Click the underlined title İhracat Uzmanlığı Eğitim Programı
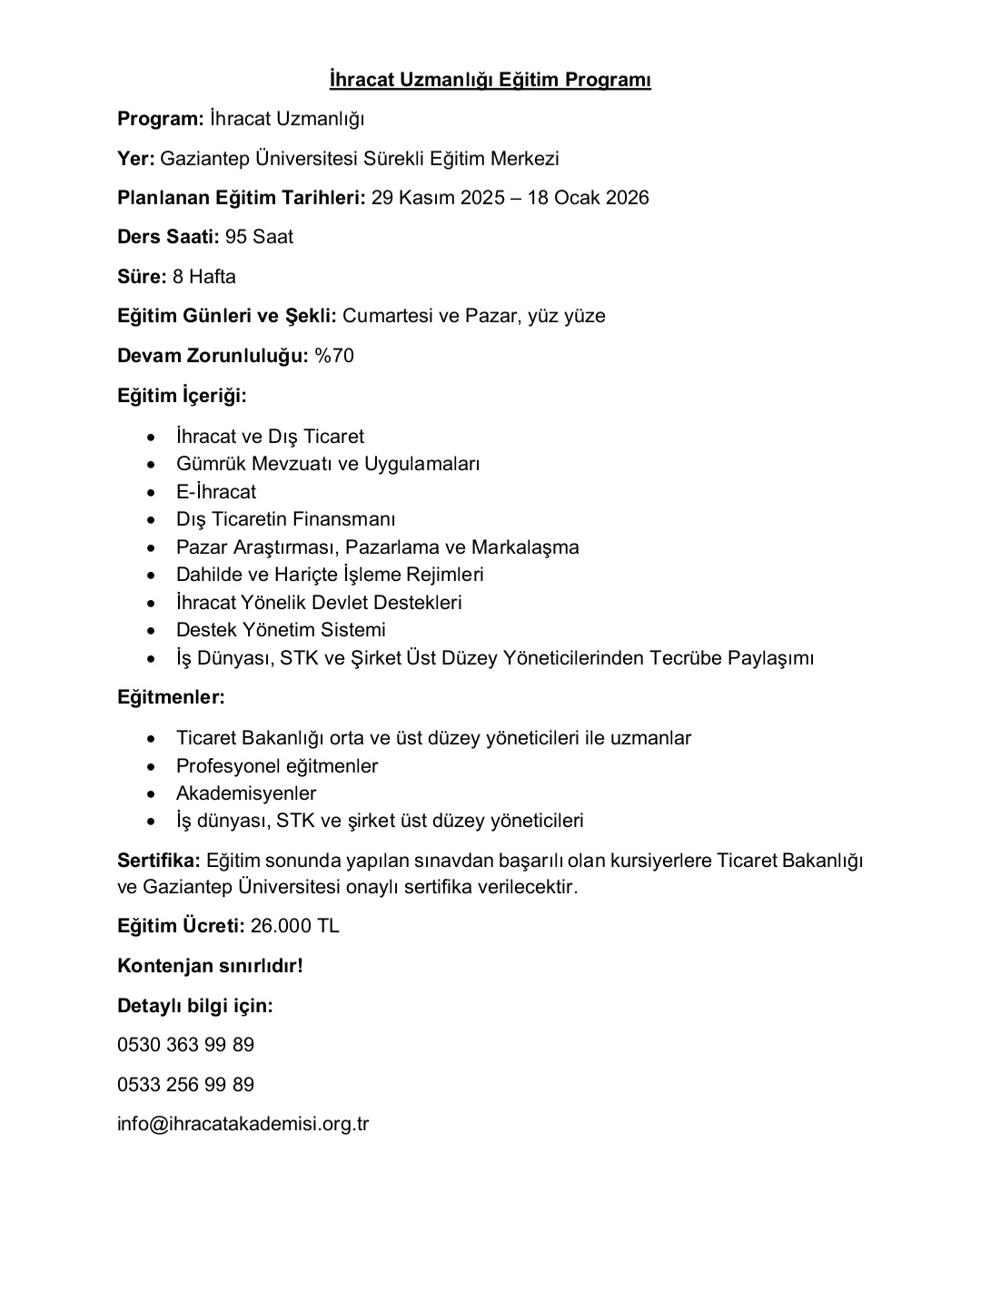click(x=490, y=80)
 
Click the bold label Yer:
click(x=136, y=159)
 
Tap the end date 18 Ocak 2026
click(x=588, y=198)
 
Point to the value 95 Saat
click(x=259, y=237)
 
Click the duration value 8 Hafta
click(x=203, y=277)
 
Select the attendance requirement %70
click(x=334, y=356)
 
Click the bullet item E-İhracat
click(x=216, y=492)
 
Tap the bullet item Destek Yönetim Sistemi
click(x=281, y=630)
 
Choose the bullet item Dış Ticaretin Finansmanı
click(x=286, y=519)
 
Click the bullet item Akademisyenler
click(x=246, y=793)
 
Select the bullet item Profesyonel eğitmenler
click(x=277, y=766)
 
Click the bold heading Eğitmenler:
click(x=171, y=697)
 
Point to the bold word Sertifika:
click(x=159, y=860)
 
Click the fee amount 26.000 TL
click(x=294, y=926)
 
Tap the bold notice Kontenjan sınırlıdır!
click(x=210, y=966)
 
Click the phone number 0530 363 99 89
click(x=186, y=1045)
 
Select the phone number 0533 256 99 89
click(x=186, y=1085)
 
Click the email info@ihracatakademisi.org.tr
click(x=243, y=1124)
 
